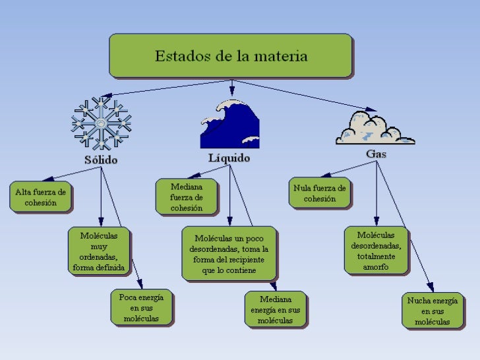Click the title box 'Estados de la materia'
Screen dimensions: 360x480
[x=231, y=56]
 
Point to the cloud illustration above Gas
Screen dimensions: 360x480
[x=375, y=128]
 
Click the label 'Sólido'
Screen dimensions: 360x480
[x=101, y=160]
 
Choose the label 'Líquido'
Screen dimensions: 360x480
[x=229, y=158]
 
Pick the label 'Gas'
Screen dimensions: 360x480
[x=376, y=154]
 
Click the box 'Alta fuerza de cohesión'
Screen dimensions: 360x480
[x=41, y=197]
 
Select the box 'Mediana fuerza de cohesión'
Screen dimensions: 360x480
[x=187, y=197]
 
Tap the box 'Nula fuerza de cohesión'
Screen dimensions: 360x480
[x=320, y=193]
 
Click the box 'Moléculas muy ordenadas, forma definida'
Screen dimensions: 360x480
[x=99, y=251]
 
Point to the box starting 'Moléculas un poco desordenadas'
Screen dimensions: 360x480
[x=229, y=255]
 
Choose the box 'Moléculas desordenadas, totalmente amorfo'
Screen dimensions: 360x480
[x=376, y=251]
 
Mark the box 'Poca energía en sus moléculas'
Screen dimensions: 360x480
[x=141, y=308]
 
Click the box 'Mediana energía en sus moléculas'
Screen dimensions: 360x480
[x=275, y=309]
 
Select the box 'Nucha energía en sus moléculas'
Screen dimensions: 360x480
[x=433, y=311]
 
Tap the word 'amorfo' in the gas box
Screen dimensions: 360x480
[x=376, y=267]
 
